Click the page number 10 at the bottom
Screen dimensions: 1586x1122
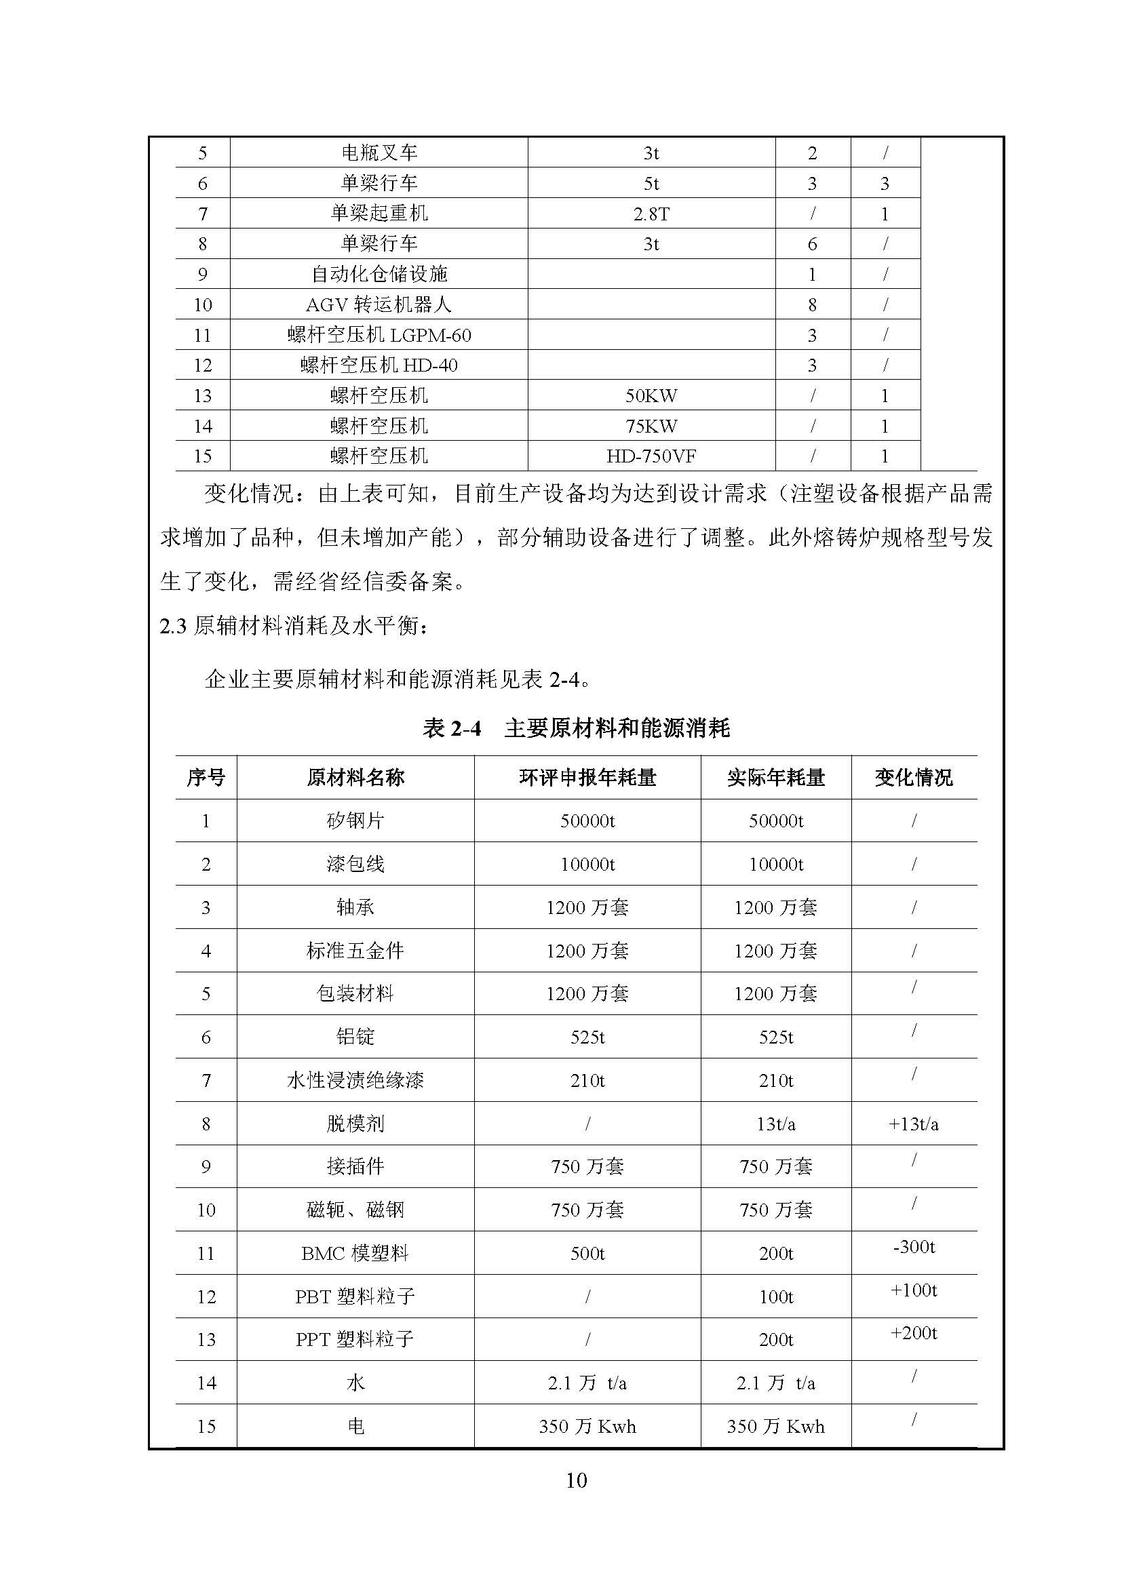(575, 1480)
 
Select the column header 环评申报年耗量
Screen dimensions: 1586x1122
(587, 778)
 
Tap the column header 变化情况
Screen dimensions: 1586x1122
(913, 778)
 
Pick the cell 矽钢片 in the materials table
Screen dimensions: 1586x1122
(355, 820)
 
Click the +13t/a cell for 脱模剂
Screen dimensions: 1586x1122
(913, 1124)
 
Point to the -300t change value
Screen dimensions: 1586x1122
(913, 1247)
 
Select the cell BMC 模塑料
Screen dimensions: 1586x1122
(355, 1253)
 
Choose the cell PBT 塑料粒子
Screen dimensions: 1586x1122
(355, 1296)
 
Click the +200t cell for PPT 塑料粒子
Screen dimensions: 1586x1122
(913, 1333)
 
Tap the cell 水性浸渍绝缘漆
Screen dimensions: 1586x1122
(355, 1080)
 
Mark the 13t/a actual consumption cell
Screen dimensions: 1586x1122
(775, 1124)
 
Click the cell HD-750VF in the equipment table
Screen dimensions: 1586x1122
(651, 456)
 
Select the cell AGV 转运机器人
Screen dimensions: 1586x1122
(379, 304)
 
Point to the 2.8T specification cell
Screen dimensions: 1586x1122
(651, 214)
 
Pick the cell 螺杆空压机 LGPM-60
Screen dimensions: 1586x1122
(379, 335)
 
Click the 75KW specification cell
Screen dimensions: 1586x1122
(651, 426)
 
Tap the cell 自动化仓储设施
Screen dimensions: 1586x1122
(379, 274)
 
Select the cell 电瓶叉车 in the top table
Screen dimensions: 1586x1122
(379, 153)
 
